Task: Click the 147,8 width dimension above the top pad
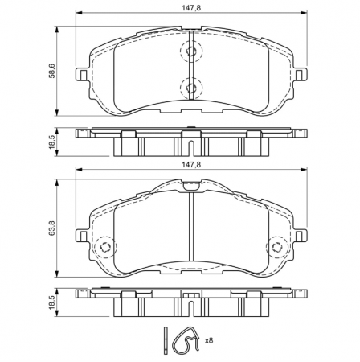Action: point(190,7)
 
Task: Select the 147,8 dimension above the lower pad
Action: point(190,163)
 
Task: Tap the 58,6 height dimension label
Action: point(51,71)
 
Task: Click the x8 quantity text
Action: point(208,342)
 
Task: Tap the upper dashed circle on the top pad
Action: point(191,53)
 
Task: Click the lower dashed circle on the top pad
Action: point(191,88)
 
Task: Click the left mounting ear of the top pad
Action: point(82,74)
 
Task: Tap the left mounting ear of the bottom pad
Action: point(82,234)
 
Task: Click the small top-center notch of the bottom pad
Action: point(190,185)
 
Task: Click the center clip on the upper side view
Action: point(190,147)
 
